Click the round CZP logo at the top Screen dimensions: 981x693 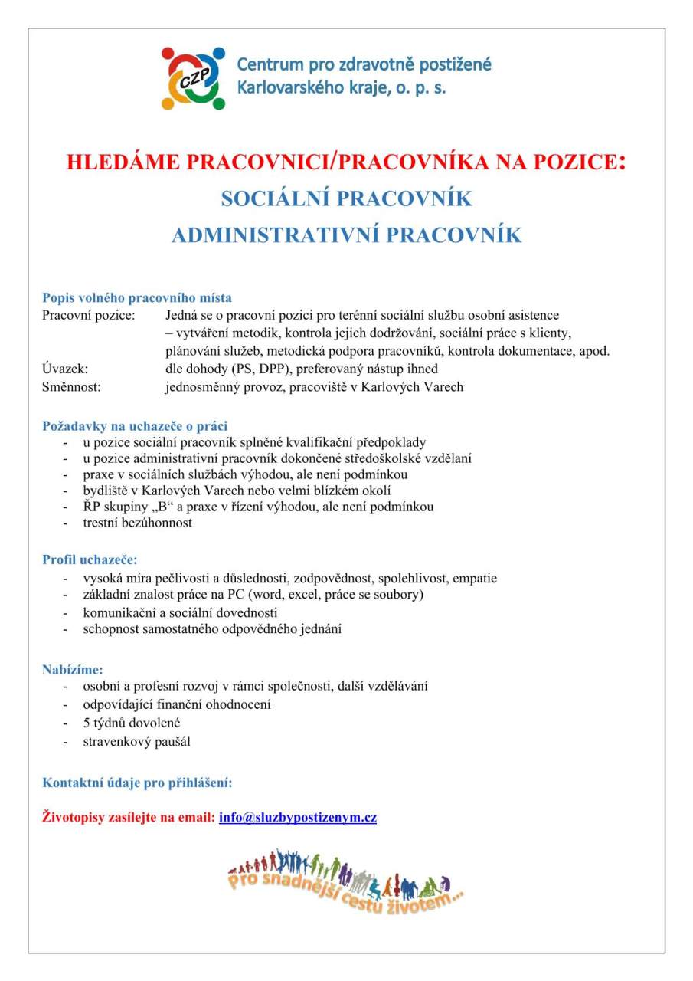pos(193,77)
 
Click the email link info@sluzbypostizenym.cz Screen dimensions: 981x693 pos(297,817)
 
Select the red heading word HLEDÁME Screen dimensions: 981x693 pos(125,162)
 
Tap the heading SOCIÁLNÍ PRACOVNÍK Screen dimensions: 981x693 pos(346,199)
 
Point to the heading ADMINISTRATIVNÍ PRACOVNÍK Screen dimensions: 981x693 pos(346,235)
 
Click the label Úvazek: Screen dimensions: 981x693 pos(65,369)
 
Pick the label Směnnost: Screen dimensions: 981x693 pos(71,386)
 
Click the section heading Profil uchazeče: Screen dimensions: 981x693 pos(90,559)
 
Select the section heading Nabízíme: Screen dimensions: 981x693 pos(73,669)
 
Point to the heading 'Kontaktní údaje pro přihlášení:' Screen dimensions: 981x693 pos(137,783)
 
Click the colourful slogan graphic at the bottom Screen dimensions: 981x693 pos(346,878)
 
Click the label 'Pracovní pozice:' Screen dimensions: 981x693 pos(88,315)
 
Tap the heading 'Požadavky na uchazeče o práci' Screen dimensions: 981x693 pos(135,425)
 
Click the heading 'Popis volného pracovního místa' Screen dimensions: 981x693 pos(137,297)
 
